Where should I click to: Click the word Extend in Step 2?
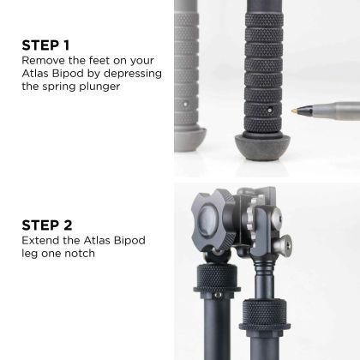pyautogui.click(x=41, y=242)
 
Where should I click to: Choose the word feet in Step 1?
pyautogui.click(x=97, y=61)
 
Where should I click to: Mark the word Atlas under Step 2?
pyautogui.click(x=95, y=242)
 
